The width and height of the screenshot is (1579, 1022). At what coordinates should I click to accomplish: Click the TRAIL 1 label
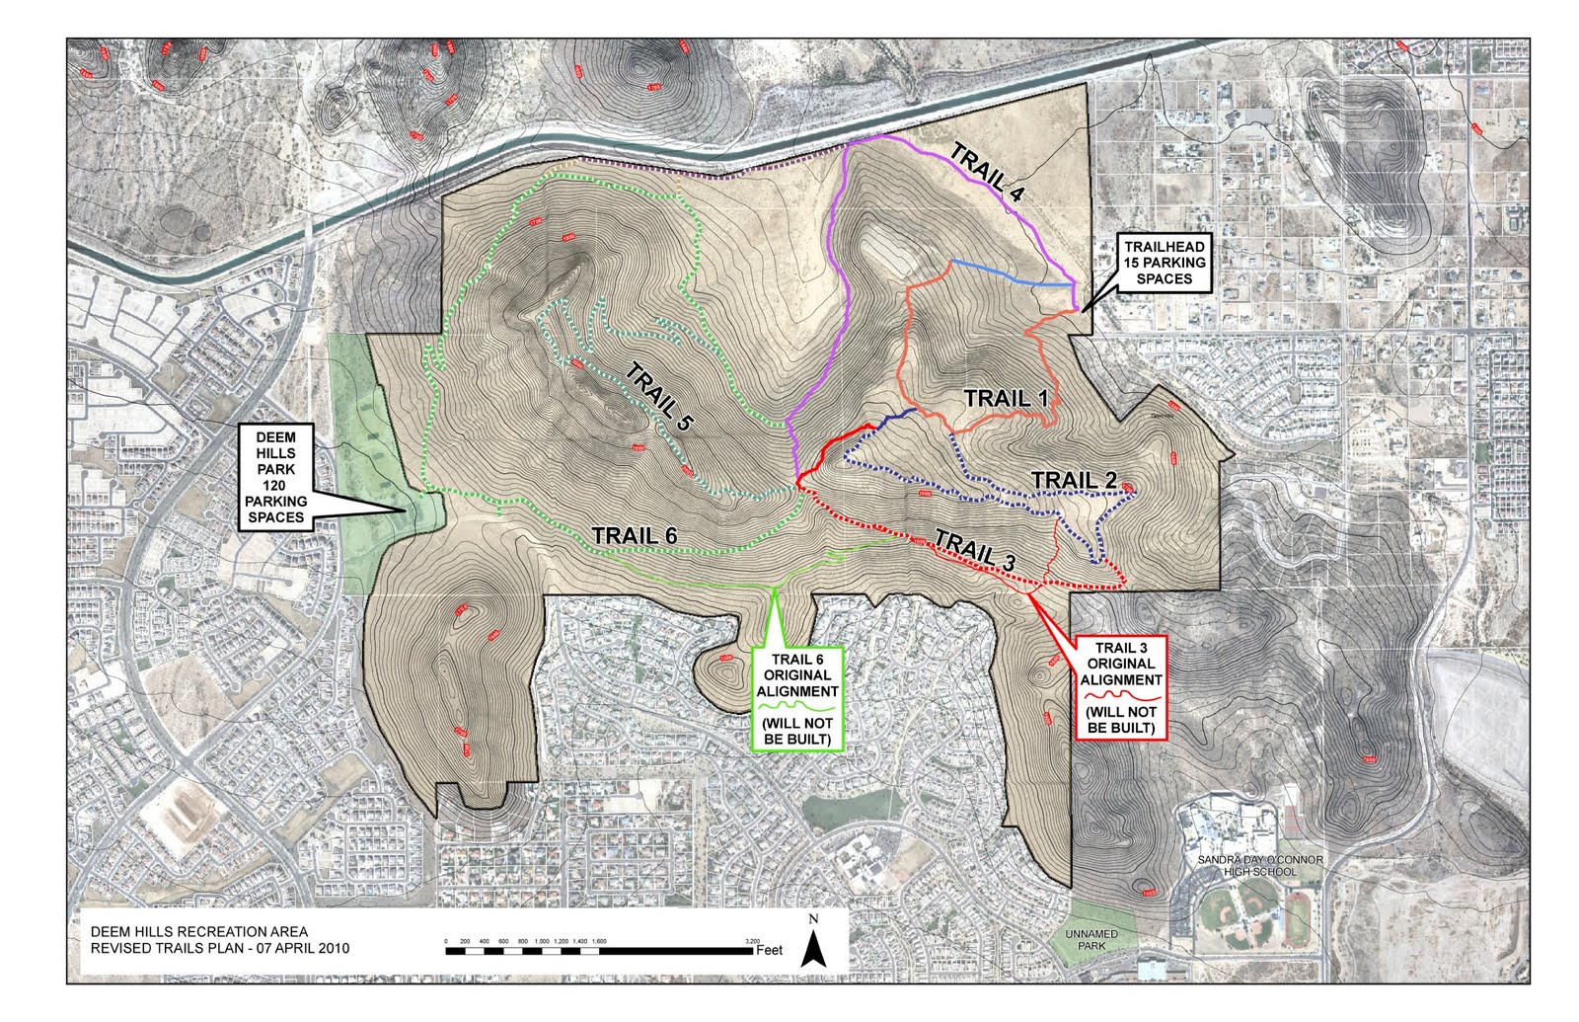coord(1005,398)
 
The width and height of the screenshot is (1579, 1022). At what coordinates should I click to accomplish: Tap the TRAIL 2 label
coord(1074,480)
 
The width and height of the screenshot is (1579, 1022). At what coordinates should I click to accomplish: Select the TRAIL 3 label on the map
coord(974,549)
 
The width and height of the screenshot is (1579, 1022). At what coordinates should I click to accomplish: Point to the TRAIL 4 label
coord(986,173)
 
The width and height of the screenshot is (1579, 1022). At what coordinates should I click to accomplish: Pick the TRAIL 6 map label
coord(635,535)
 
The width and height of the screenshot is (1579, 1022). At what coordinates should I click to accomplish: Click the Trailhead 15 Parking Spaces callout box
coord(1165,263)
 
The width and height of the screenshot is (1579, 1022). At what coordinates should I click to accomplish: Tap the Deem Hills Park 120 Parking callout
coord(275,477)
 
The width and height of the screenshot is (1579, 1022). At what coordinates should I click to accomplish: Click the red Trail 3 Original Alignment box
coord(1120,687)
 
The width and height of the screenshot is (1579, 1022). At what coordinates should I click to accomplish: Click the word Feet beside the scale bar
coord(769,950)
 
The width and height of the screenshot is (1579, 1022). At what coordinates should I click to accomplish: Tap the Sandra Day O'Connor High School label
coord(1259,866)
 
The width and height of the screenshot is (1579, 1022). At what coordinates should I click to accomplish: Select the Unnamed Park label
coord(1091,939)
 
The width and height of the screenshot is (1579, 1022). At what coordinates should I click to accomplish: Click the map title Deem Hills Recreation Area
coord(198,931)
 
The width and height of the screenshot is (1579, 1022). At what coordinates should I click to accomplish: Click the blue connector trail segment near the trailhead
coord(1012,274)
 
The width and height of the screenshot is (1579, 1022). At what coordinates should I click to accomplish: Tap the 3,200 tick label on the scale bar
coord(752,941)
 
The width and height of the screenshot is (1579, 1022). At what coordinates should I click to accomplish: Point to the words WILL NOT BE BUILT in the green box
coord(797,731)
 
